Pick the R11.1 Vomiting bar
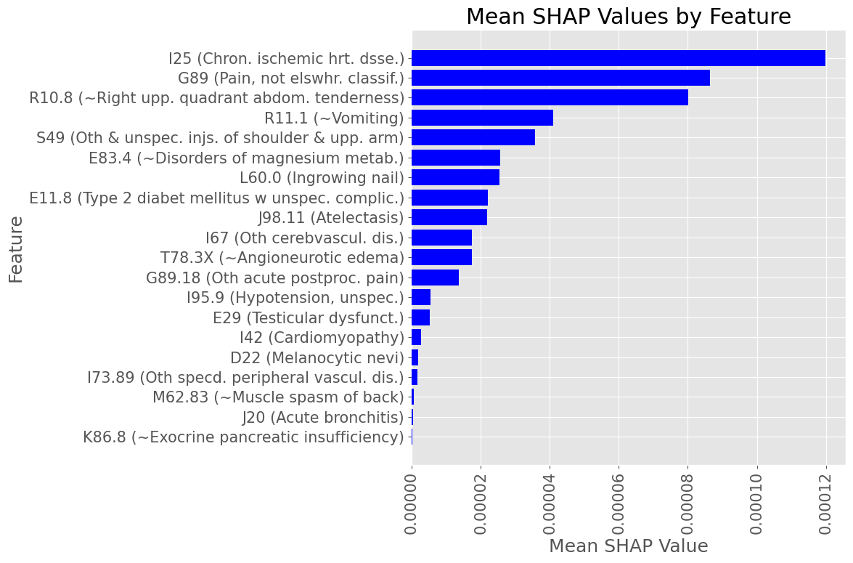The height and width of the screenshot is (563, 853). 482,118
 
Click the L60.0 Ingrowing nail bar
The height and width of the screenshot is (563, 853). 455,177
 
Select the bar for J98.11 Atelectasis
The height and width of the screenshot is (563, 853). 449,217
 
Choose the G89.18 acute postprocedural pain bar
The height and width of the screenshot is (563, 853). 435,277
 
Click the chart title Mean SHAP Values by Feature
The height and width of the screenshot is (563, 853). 628,17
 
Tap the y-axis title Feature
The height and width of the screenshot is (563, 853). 16,248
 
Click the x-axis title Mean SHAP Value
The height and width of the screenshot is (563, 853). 628,546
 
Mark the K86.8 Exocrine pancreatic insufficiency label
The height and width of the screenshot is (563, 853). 243,437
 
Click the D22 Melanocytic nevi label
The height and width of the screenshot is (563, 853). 317,357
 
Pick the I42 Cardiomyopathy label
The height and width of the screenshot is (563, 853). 322,337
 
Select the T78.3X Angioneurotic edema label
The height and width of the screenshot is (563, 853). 282,257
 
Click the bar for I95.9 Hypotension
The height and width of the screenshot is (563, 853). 421,297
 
